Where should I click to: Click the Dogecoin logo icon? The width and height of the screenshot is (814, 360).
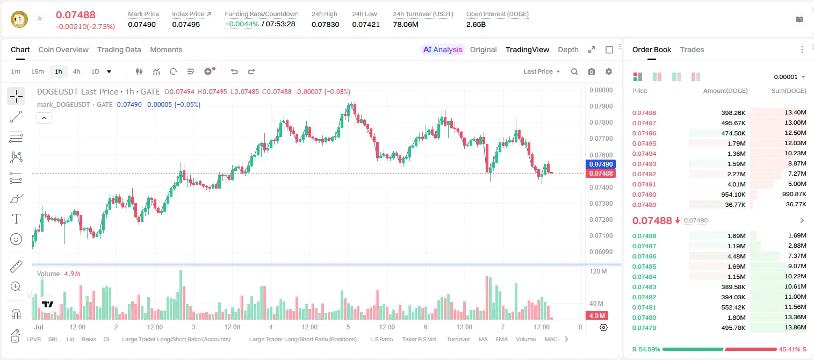pos(19,19)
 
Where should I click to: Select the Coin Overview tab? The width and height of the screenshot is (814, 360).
pos(63,49)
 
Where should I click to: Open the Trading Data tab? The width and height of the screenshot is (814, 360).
pos(119,49)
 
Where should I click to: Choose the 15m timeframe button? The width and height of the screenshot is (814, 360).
pos(37,71)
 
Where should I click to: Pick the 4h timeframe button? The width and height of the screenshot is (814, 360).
pos(76,71)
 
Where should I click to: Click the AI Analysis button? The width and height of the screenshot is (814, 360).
pos(443,49)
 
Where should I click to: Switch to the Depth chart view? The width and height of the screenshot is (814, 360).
pos(568,49)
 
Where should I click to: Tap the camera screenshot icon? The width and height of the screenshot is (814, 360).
pos(591,71)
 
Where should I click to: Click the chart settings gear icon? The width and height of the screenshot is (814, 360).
pos(609,71)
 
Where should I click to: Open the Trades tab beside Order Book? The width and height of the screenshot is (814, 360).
pos(692,49)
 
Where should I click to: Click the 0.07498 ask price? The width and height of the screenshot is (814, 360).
pos(644,113)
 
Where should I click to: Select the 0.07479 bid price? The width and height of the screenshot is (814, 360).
pos(644,328)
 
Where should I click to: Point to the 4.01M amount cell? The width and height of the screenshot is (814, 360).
pos(736,184)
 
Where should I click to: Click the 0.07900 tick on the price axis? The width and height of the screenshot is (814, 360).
pos(601,106)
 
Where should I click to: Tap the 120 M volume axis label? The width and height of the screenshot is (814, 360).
pos(598,271)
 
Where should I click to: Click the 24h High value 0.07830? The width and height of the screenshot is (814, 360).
pos(325,24)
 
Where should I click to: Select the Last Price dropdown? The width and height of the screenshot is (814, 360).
pos(542,71)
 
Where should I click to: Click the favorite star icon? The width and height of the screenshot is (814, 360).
pos(40,18)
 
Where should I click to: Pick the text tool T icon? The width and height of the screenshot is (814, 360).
pos(16,219)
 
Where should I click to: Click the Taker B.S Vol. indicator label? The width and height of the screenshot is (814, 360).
pos(419,339)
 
